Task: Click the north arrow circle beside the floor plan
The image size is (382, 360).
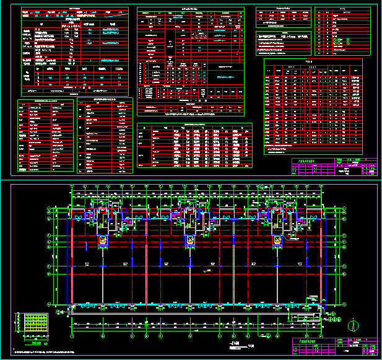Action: click(x=354, y=325)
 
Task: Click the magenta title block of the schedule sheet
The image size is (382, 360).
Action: click(x=334, y=167)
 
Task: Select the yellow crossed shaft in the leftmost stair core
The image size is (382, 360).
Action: click(x=100, y=240)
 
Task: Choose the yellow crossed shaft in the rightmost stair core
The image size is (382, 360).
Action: click(x=276, y=240)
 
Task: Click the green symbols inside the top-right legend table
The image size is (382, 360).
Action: click(x=337, y=43)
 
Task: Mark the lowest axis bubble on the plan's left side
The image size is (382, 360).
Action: click(x=49, y=304)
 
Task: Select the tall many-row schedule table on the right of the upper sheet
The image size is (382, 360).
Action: click(x=313, y=106)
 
